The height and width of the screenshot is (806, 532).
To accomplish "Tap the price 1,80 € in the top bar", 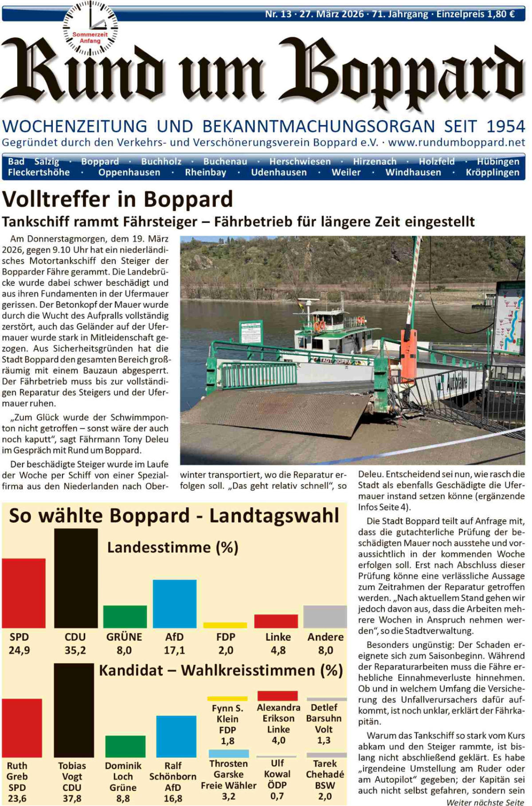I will [x=501, y=14].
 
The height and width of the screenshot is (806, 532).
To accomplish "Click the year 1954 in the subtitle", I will [x=505, y=127].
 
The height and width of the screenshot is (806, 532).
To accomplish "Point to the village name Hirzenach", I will [x=375, y=162].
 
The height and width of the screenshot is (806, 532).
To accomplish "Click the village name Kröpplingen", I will [x=492, y=172].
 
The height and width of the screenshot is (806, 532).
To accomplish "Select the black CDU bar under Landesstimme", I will [x=76, y=578].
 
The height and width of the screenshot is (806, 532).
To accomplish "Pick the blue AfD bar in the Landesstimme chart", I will [x=175, y=604].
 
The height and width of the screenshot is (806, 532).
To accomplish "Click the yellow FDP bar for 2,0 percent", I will [x=225, y=625].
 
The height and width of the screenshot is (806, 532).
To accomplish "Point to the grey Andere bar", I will [x=325, y=616].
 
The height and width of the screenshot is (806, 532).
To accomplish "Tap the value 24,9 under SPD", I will [x=19, y=650].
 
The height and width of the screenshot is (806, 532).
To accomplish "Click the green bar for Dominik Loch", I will [x=125, y=746].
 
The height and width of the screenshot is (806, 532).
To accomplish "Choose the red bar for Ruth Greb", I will [x=22, y=728].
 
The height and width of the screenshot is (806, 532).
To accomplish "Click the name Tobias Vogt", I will [x=72, y=771].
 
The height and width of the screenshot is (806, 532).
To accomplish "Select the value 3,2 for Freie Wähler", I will [x=228, y=796].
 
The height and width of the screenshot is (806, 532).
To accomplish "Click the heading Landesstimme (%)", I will [x=172, y=548].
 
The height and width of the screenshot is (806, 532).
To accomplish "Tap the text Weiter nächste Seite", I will [x=485, y=802].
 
